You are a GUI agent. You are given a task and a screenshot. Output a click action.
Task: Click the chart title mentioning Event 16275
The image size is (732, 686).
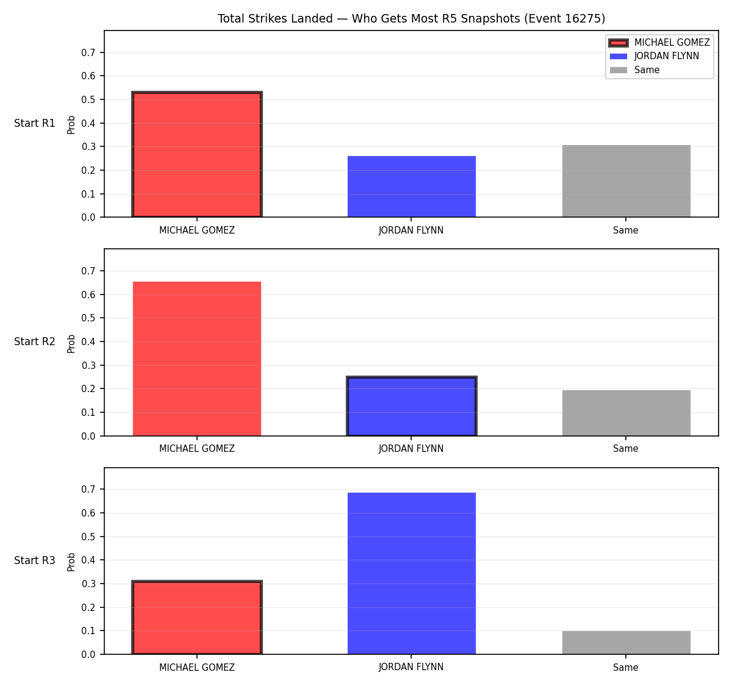411,18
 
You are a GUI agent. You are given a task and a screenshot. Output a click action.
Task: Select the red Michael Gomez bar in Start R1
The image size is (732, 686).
197,154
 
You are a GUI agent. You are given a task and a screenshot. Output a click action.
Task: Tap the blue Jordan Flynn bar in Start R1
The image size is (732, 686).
411,187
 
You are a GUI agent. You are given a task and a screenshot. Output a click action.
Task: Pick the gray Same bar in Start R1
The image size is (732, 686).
626,181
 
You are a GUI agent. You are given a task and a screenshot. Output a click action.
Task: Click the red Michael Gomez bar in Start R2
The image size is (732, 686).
197,359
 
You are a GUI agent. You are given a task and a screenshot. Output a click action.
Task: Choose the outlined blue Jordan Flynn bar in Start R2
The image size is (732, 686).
411,406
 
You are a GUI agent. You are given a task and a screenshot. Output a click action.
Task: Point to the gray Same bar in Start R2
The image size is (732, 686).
626,413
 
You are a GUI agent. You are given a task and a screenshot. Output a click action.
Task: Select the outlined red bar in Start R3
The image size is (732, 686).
197,618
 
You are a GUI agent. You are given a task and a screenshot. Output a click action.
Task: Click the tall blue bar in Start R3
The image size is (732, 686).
411,574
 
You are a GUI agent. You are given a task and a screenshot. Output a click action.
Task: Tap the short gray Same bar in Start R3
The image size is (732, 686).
626,643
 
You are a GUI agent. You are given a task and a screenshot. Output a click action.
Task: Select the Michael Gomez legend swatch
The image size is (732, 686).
618,43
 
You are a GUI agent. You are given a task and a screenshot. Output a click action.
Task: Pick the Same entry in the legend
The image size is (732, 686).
634,70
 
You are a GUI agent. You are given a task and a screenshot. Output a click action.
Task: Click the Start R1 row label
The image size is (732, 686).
35,123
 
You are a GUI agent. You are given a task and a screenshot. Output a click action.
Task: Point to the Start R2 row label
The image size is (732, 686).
35,341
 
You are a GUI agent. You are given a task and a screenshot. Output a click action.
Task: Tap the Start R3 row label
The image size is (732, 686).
35,560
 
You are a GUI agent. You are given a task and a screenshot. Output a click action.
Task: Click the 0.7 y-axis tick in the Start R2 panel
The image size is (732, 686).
88,271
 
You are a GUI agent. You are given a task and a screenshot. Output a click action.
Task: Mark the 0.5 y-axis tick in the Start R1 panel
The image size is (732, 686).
88,99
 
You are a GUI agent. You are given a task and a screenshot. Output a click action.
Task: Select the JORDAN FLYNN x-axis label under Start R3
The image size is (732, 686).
411,667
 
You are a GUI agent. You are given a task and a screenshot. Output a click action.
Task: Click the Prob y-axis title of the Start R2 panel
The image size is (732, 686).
71,343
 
